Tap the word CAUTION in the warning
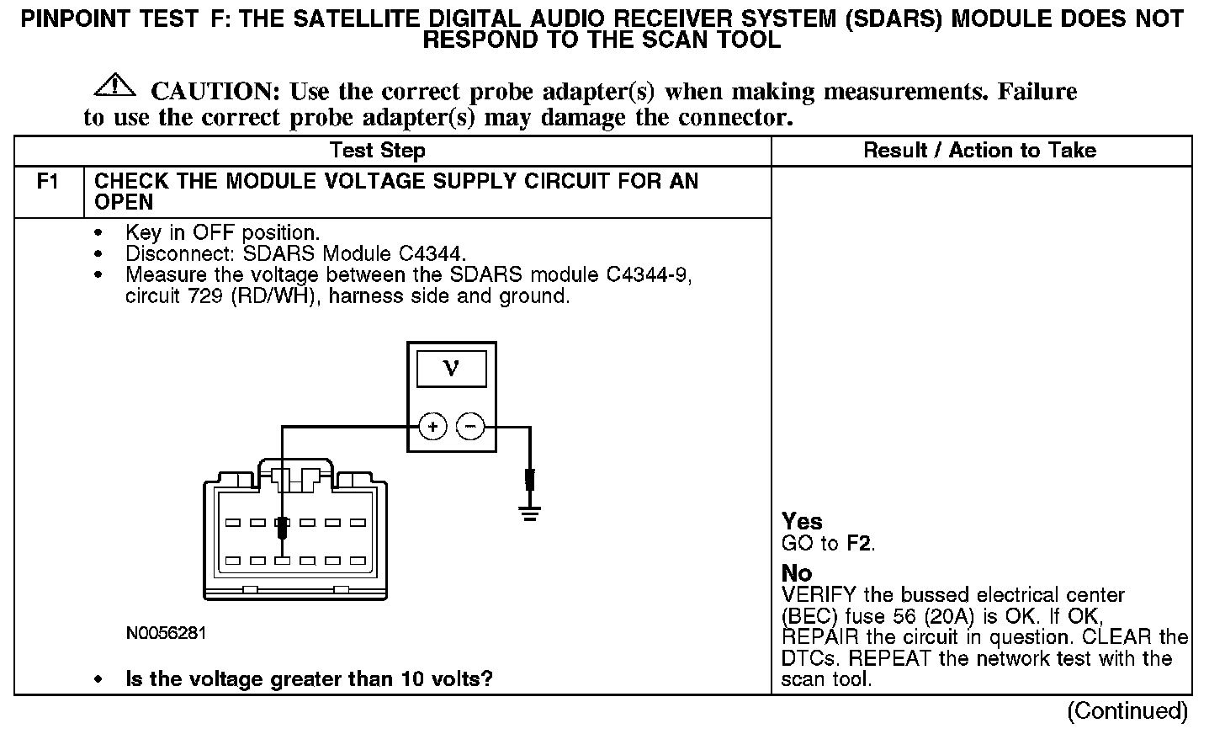pyautogui.click(x=208, y=92)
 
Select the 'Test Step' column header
pyautogui.click(x=377, y=151)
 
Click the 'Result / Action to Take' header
pyautogui.click(x=980, y=151)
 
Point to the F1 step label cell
pyautogui.click(x=48, y=182)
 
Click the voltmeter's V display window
pyautogui.click(x=451, y=369)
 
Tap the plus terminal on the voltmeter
pyautogui.click(x=432, y=427)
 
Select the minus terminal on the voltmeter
pyautogui.click(x=469, y=427)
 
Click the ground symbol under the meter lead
pyautogui.click(x=529, y=513)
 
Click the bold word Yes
pyautogui.click(x=802, y=521)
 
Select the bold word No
pyautogui.click(x=797, y=574)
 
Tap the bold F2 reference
pyautogui.click(x=858, y=544)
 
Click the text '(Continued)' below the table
pyautogui.click(x=1127, y=711)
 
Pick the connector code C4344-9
pyautogui.click(x=649, y=275)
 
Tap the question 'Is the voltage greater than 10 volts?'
pyautogui.click(x=309, y=678)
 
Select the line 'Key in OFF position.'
pyautogui.click(x=222, y=232)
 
